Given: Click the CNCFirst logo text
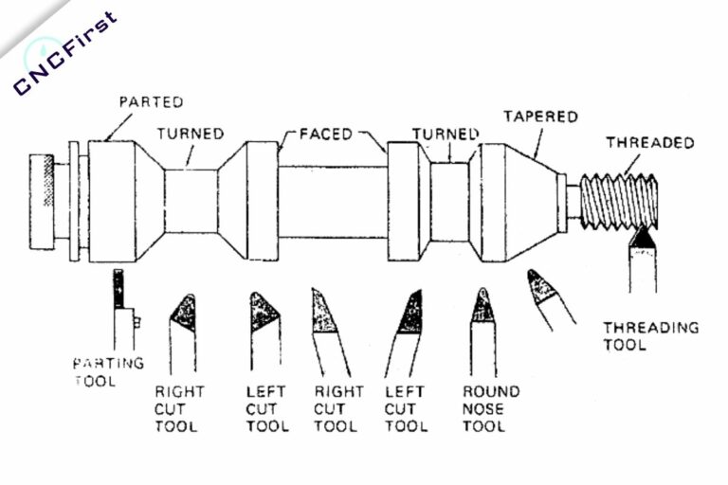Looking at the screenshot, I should pos(64,55).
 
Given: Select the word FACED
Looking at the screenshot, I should pos(327,134).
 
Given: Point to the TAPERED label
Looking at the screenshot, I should pos(540,117).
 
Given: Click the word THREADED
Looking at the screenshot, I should pos(649,143).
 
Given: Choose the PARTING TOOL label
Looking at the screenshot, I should pos(109,371).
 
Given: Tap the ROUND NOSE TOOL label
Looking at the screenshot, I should pos(490,407).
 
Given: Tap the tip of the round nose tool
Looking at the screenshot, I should pos(482,302).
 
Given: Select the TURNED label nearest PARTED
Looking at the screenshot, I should pos(191,134).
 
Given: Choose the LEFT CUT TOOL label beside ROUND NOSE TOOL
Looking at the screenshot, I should pos(407,407).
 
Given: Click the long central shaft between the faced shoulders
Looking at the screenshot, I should pos(333,202).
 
